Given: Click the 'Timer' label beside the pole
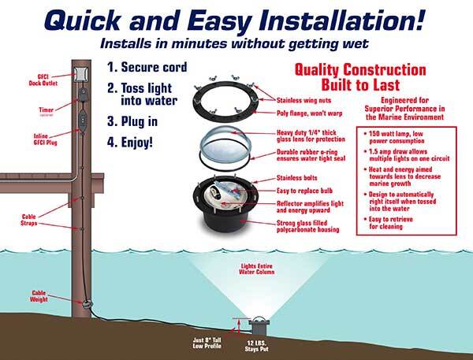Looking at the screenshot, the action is (45, 109).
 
